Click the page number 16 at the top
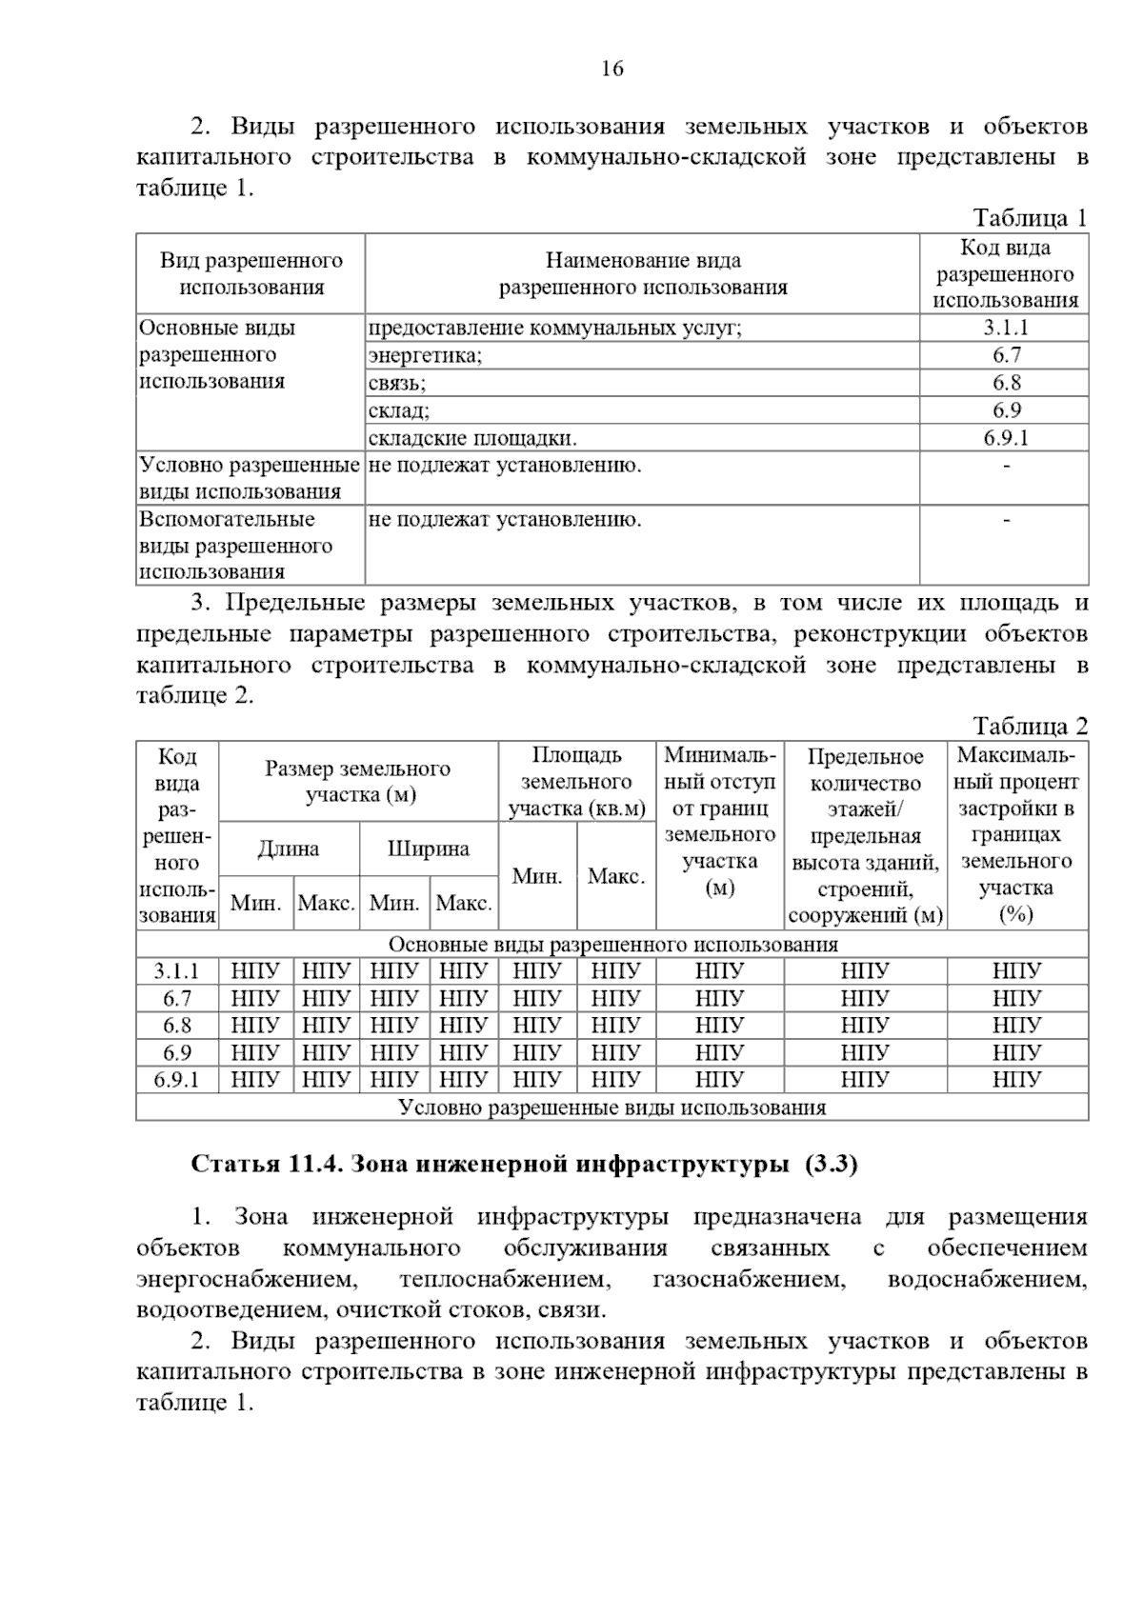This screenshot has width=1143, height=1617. click(612, 69)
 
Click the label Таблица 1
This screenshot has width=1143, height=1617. click(1030, 218)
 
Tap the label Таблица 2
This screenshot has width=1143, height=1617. click(1030, 727)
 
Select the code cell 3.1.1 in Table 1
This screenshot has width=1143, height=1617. click(1005, 328)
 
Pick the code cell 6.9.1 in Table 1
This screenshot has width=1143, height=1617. click(1005, 438)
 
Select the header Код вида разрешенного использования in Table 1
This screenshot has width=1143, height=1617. click(1005, 274)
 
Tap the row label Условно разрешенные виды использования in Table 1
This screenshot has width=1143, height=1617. click(250, 478)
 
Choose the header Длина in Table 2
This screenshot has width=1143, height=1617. click(289, 848)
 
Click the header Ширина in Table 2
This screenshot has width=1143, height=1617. click(429, 848)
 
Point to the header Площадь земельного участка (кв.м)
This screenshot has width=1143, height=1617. click(577, 782)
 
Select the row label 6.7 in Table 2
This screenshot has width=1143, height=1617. click(177, 999)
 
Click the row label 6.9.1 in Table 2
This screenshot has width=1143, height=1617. click(177, 1080)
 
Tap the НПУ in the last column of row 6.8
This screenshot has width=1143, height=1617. click(1017, 1026)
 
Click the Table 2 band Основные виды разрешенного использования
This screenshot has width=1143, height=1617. click(612, 945)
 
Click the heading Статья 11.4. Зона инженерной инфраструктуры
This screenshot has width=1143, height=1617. click(525, 1165)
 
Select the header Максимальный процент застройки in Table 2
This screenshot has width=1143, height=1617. click(1017, 835)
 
